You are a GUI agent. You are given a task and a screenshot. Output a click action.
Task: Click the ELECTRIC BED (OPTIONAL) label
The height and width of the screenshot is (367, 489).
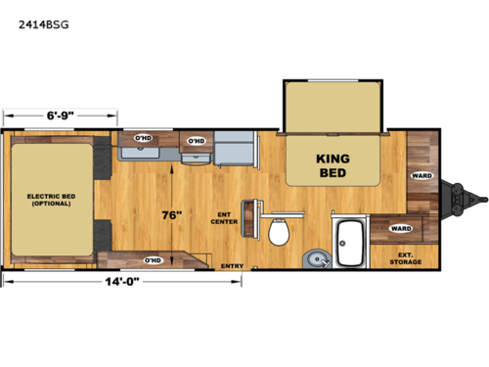[50, 201]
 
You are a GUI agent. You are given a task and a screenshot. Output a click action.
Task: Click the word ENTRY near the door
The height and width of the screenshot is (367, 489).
[232, 265]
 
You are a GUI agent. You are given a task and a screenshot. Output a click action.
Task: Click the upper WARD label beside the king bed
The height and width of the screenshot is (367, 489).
[422, 176]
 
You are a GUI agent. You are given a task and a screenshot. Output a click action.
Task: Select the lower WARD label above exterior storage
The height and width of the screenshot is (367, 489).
[400, 228]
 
